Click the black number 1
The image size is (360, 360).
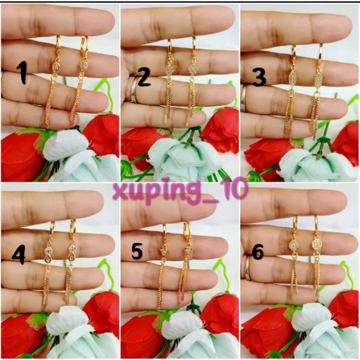point(22,73)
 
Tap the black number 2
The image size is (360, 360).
point(144,78)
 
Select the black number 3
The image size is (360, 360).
point(259,78)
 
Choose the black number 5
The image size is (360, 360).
point(137,252)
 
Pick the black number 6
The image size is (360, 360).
point(257,252)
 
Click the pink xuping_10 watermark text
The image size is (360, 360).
point(180,190)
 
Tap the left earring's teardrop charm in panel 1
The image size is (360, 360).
point(56,67)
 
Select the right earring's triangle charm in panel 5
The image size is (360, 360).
point(188,251)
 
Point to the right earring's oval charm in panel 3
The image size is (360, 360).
point(318,80)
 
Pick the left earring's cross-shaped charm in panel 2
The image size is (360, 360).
point(169,69)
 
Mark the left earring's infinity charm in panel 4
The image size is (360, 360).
point(49,255)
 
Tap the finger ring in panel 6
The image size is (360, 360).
point(248,268)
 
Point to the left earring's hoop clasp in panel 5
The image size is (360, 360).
point(165,232)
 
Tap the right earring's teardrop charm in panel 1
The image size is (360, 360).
point(82,66)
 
